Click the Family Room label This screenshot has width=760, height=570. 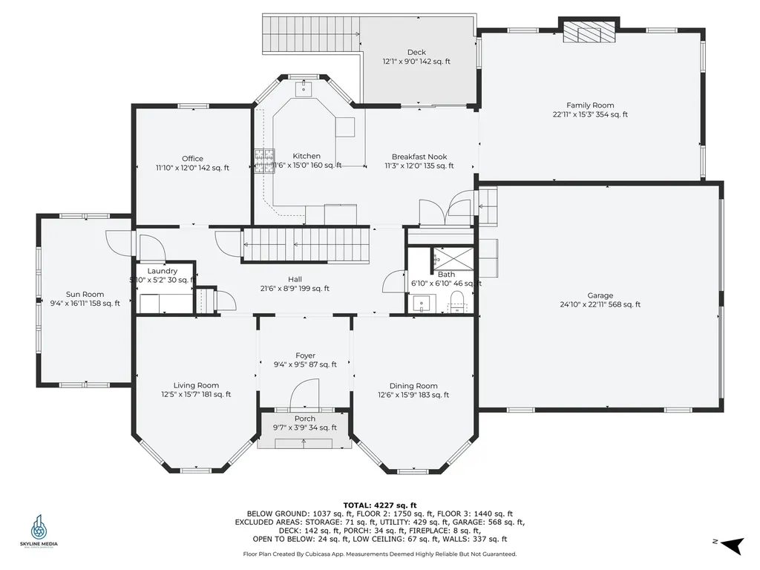coord(590,105)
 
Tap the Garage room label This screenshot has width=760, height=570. coord(600,295)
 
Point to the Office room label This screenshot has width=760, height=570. coord(192,159)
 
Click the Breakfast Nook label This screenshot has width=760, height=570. coord(419,157)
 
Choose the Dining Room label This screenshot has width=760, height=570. coord(413,386)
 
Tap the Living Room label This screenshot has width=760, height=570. coord(196,385)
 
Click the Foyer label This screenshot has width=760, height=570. coord(305,356)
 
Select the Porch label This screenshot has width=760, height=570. coord(305,419)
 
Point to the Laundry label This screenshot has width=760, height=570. coord(162,271)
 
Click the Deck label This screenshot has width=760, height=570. coord(416,52)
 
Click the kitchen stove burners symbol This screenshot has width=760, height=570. coord(264,161)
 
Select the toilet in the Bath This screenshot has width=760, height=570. coord(456,301)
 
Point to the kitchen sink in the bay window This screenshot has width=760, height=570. coord(302,90)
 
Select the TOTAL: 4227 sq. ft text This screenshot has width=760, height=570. coord(379,505)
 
